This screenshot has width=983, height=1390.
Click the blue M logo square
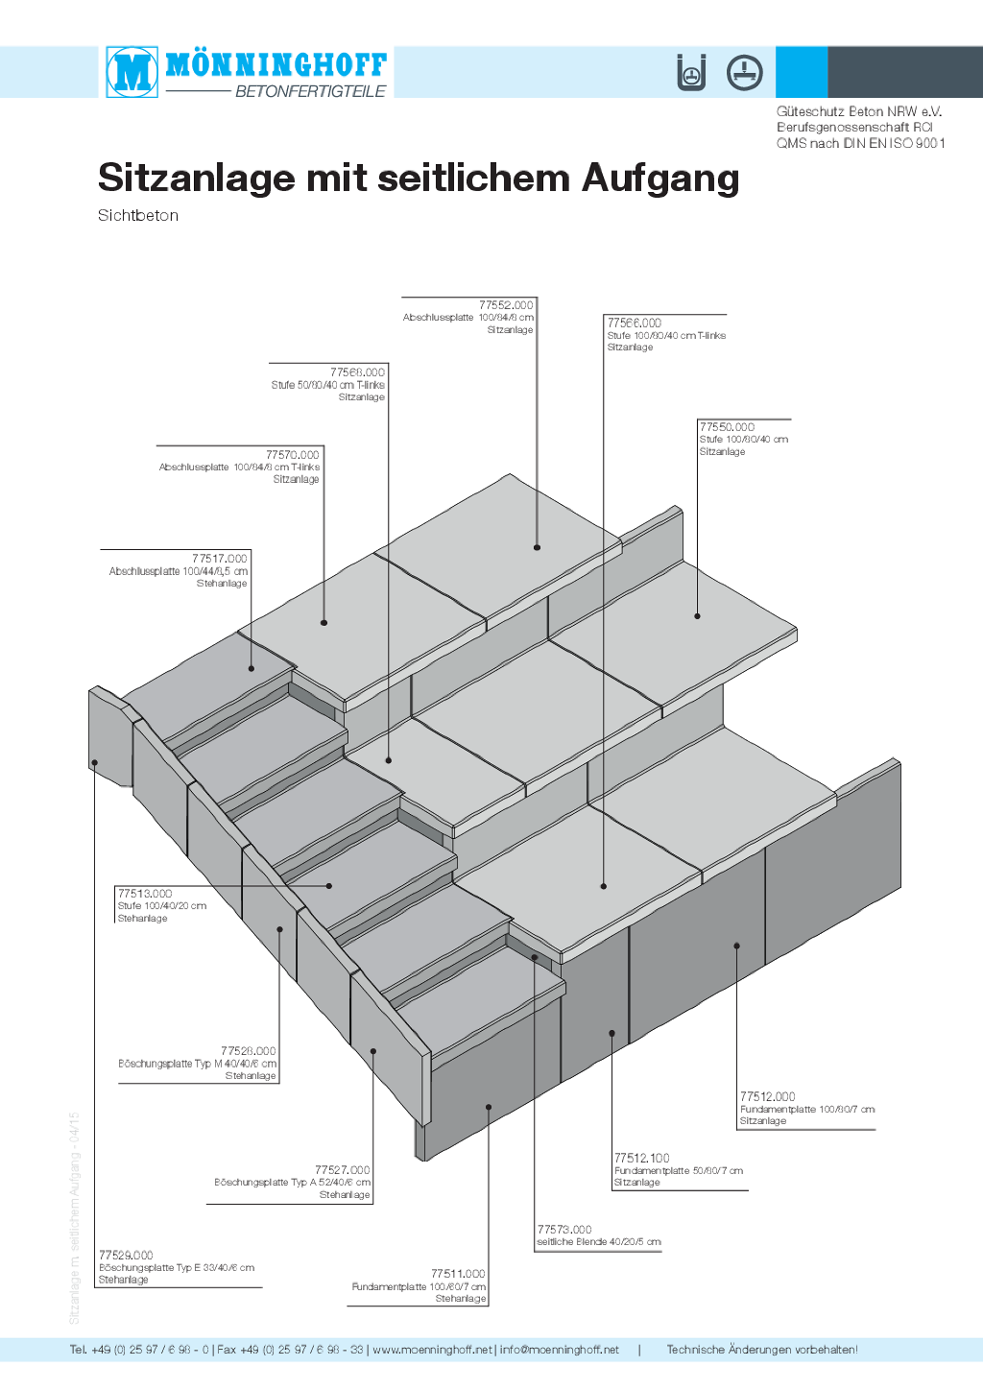click(x=132, y=72)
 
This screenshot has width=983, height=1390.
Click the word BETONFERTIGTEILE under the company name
click(x=310, y=91)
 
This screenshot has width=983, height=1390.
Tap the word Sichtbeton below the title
click(x=138, y=216)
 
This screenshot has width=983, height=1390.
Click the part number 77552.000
click(x=506, y=305)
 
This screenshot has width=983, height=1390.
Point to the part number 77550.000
click(x=727, y=427)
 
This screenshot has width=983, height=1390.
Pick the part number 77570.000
click(x=293, y=455)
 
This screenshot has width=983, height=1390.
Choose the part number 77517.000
click(x=219, y=559)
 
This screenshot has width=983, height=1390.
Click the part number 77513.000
click(x=145, y=894)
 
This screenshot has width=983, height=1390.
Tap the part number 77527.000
click(x=342, y=1170)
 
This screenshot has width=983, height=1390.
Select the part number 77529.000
click(x=126, y=1256)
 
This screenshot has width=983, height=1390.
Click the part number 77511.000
click(x=458, y=1274)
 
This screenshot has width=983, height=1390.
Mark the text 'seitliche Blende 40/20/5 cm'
click(x=599, y=1242)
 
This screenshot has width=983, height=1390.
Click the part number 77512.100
click(x=642, y=1159)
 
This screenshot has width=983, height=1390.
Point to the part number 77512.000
click(x=768, y=1096)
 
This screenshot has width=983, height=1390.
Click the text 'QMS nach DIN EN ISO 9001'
click(x=860, y=143)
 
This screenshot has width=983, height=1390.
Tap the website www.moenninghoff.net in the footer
click(x=432, y=1350)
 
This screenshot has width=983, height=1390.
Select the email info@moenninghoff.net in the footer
click(x=560, y=1350)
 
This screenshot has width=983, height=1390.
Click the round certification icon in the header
click(x=744, y=72)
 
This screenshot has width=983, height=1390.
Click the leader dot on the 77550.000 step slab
click(x=698, y=616)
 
